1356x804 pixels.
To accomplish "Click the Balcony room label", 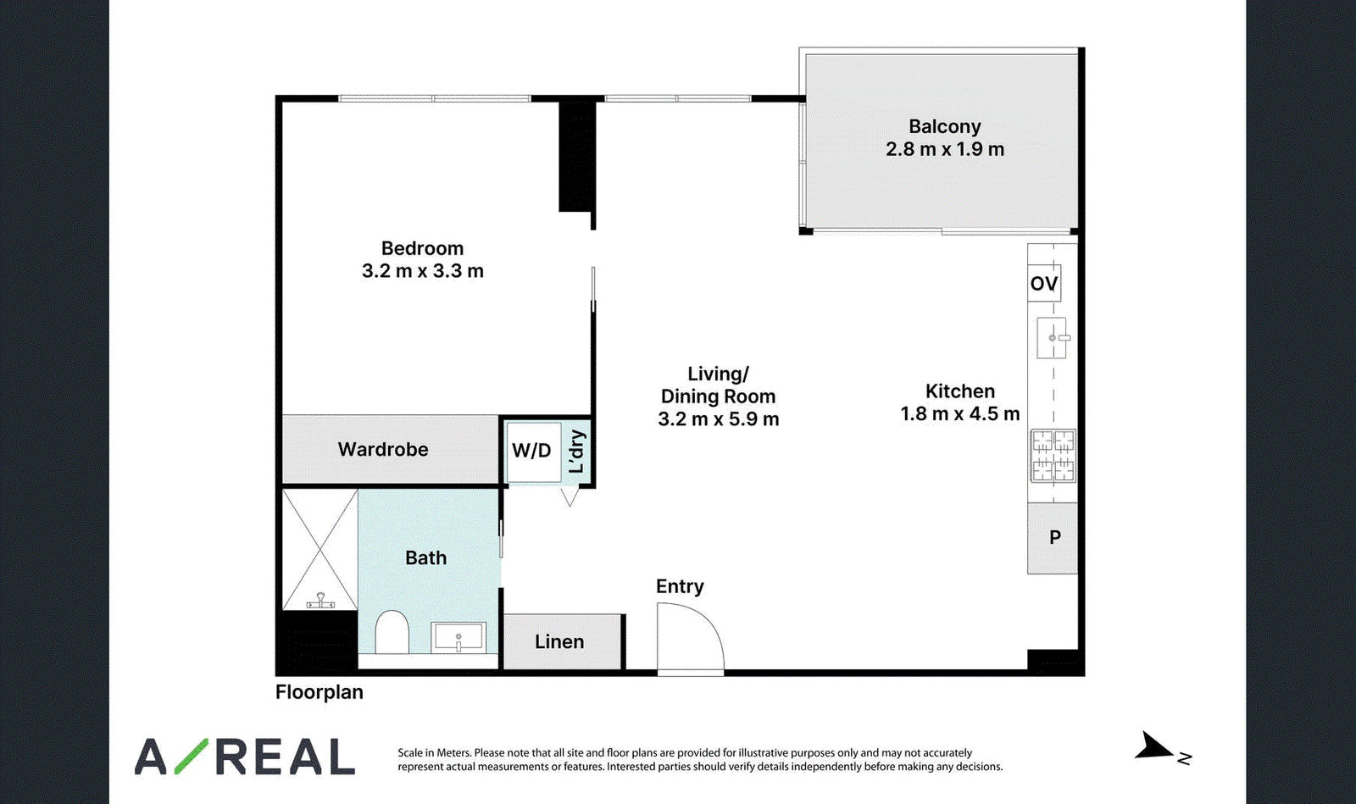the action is (x=944, y=126).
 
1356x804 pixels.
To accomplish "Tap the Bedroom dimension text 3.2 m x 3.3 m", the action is (x=423, y=271).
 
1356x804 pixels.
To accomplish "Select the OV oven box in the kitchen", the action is (x=1044, y=283).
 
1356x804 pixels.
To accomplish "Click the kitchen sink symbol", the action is (x=1053, y=338).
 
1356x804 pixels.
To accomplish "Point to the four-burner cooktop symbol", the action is (x=1053, y=456).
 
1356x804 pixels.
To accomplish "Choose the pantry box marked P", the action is (x=1053, y=538).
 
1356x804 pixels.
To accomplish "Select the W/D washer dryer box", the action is (x=533, y=452).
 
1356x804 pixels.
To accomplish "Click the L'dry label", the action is (x=577, y=452).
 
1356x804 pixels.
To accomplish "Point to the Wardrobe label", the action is (x=383, y=450).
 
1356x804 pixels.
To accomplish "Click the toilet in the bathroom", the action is (x=392, y=631).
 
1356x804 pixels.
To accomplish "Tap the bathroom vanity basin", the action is (x=458, y=637).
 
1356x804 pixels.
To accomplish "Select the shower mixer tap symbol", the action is (x=320, y=601).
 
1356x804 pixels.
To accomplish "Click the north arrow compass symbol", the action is (x=1153, y=746).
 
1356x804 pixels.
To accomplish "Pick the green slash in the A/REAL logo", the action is (x=192, y=757).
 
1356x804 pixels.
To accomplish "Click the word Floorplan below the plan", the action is (x=319, y=692).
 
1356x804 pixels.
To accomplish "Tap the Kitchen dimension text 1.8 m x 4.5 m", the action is (x=960, y=413).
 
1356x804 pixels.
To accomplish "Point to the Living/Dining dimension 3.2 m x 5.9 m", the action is (x=719, y=419).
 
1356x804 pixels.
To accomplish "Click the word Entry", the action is (x=680, y=586).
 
